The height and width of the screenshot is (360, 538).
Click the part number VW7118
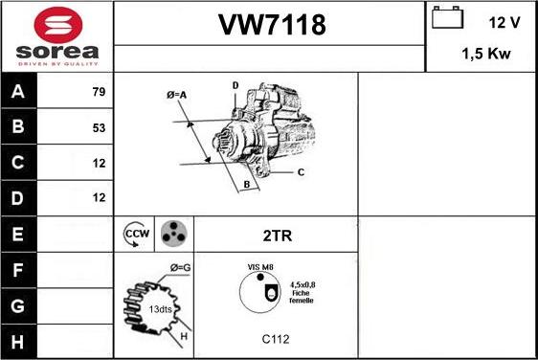(x=269, y=26)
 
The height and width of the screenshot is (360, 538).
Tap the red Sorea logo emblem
(x=56, y=23)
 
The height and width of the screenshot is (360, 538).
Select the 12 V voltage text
(x=504, y=20)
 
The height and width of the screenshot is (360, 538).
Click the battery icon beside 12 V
(x=447, y=19)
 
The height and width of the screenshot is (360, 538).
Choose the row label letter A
(x=18, y=92)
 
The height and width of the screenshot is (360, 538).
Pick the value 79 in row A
(x=98, y=92)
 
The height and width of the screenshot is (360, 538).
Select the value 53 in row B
(x=98, y=127)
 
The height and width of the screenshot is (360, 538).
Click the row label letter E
(x=18, y=234)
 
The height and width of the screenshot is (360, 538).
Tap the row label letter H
(x=18, y=341)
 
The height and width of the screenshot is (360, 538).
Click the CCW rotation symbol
(x=136, y=233)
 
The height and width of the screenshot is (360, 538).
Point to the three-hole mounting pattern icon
(x=172, y=233)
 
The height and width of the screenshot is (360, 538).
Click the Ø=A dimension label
(x=176, y=95)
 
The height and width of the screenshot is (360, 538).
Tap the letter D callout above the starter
(x=235, y=86)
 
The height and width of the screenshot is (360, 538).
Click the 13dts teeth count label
(x=159, y=309)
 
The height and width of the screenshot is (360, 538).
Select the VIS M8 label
(x=259, y=269)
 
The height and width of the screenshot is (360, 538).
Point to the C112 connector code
(x=275, y=338)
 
